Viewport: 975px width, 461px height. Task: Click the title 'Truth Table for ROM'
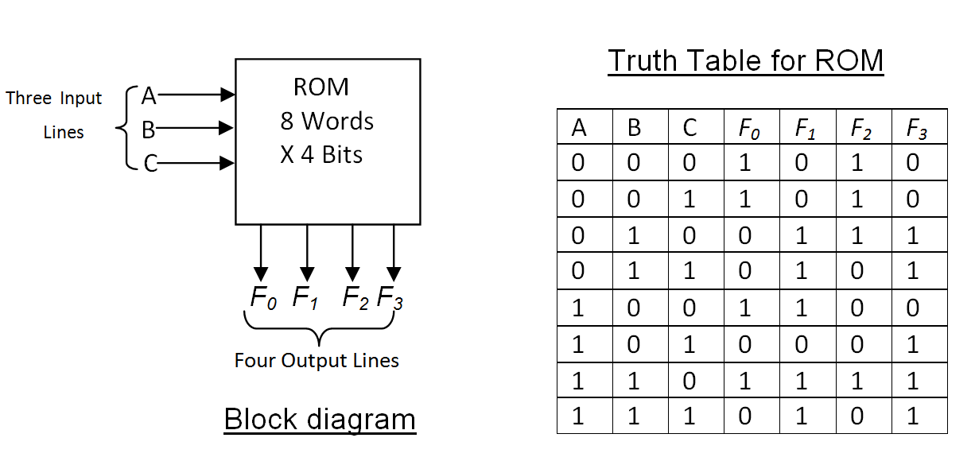click(745, 60)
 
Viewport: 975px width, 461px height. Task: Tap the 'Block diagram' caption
click(320, 419)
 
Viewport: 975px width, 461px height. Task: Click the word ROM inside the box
click(320, 87)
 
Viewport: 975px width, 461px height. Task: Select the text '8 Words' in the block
click(327, 122)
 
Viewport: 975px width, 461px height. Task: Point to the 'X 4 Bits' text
click(321, 154)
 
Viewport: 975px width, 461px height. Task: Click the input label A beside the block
click(149, 95)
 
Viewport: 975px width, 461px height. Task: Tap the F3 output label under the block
click(390, 298)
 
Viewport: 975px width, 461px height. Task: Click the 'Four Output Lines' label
click(317, 361)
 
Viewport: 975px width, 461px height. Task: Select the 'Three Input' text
click(54, 99)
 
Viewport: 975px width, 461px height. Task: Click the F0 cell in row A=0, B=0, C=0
click(745, 163)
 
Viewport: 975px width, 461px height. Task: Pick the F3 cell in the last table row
click(912, 416)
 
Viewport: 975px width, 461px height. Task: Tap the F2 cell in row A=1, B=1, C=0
click(857, 380)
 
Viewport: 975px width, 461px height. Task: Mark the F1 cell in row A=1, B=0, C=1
click(801, 344)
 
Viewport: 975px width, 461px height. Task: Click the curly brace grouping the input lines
click(123, 128)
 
